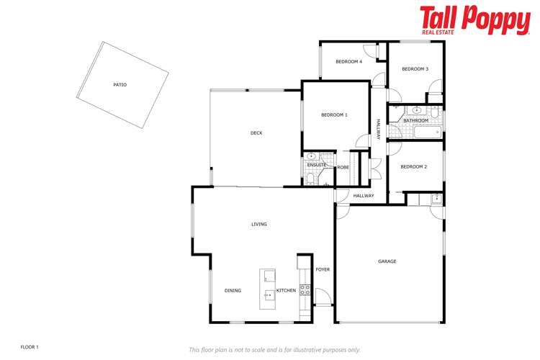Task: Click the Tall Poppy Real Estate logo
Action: click(475, 21)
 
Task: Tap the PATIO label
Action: click(120, 85)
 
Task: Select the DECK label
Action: click(256, 133)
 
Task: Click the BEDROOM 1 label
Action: click(334, 115)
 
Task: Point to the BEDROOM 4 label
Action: click(348, 62)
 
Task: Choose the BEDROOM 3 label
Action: click(415, 69)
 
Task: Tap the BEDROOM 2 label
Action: click(413, 167)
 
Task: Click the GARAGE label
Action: click(387, 261)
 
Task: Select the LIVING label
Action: click(259, 224)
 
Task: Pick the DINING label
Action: click(233, 291)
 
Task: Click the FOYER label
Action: click(323, 269)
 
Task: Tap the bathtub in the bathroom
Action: click(428, 132)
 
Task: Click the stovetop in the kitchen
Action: click(305, 289)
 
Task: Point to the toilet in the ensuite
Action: click(310, 179)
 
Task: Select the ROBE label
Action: click(343, 168)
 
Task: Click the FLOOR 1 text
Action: click(30, 347)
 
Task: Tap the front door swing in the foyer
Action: click(323, 296)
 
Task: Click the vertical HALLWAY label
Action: click(378, 130)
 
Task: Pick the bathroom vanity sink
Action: click(417, 111)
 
